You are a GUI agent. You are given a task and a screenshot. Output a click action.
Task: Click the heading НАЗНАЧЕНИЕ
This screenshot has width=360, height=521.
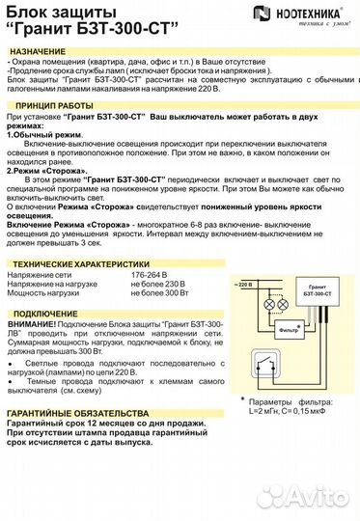pos(41,49)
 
